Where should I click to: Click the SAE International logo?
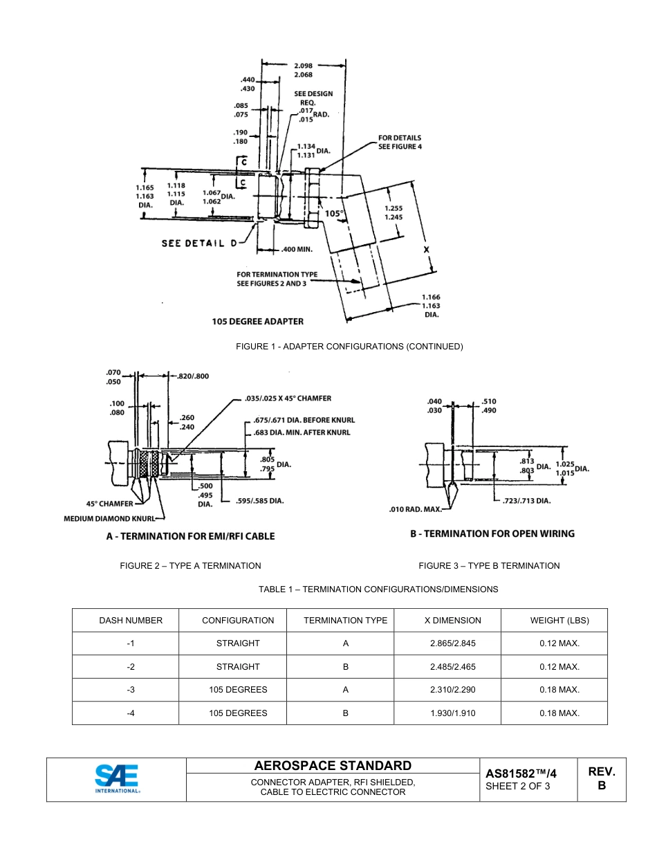[116, 778]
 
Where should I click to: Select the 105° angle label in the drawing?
[333, 214]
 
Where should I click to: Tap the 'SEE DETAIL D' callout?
[199, 243]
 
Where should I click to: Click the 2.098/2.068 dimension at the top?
[303, 70]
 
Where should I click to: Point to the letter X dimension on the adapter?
[426, 249]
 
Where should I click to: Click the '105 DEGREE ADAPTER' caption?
[257, 321]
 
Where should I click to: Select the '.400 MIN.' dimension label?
[297, 249]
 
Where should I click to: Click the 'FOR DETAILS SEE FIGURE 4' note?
[399, 142]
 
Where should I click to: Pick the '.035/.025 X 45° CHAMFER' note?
[288, 399]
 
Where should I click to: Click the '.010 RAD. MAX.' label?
[414, 510]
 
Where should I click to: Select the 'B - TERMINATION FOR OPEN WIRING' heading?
[492, 533]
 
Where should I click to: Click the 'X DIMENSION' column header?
[452, 621]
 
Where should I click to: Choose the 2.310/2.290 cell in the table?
[452, 690]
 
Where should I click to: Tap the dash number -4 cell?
[131, 713]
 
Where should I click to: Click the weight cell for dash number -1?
[559, 643]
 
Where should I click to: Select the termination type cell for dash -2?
[345, 667]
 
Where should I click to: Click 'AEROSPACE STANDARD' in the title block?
[333, 765]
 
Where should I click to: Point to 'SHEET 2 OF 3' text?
[517, 786]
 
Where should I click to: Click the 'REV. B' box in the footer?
[601, 778]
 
